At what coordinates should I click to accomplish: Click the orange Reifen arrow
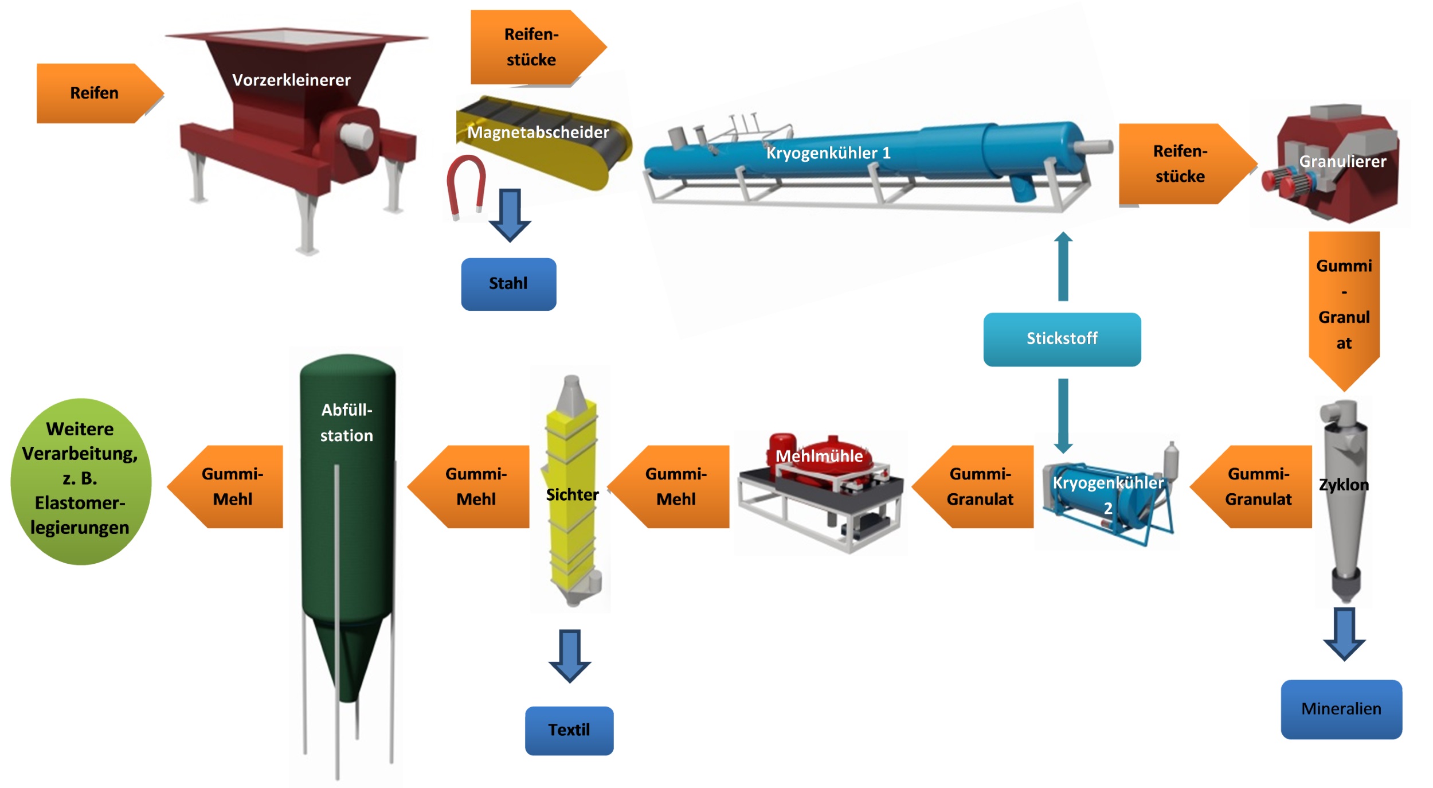pos(95,93)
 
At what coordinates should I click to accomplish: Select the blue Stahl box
pos(508,284)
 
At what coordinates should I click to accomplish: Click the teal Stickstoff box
pos(1062,339)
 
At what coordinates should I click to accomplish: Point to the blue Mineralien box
pos(1341,709)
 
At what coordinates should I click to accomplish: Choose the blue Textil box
pos(569,730)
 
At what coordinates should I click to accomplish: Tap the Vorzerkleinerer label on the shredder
pos(291,80)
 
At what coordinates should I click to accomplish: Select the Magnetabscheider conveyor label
pos(538,132)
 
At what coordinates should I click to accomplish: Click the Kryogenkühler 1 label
pos(828,153)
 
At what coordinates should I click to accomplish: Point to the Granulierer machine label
pos(1342,162)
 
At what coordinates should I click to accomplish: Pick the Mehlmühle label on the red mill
pos(819,457)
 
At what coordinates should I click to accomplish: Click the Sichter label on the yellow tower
pos(571,495)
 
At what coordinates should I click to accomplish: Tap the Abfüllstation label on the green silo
pos(346,423)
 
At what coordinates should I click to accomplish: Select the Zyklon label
pos(1343,485)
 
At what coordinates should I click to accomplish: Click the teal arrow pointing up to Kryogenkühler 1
pos(1063,266)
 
